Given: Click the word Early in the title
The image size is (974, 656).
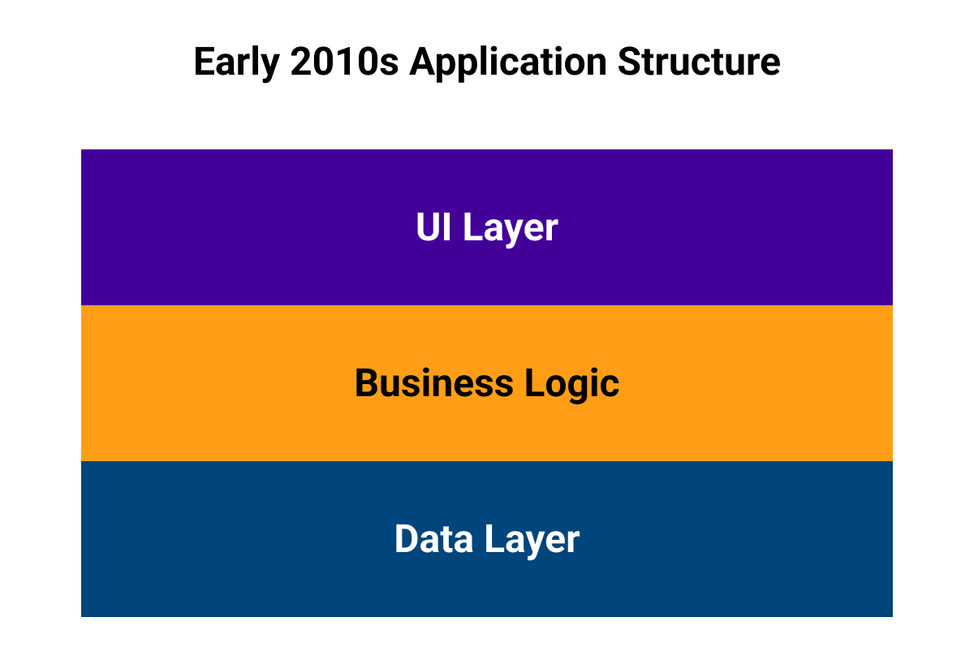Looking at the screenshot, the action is click(236, 63).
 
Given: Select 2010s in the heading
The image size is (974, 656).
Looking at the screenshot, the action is click(344, 62).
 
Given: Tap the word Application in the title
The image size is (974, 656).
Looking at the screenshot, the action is click(508, 63).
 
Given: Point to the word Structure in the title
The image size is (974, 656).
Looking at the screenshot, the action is click(699, 62).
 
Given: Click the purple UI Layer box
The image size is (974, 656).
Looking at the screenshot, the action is click(487, 227).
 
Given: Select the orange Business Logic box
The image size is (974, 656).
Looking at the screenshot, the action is click(487, 383).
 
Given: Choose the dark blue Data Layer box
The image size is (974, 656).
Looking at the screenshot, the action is click(487, 539).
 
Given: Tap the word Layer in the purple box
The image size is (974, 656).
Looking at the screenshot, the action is click(511, 229).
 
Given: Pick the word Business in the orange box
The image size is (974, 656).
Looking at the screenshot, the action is click(434, 383).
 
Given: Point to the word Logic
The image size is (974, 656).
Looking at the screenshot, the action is click(571, 385).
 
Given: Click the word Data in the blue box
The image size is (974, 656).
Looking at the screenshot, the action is click(433, 538).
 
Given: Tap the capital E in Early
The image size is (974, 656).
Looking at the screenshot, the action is click(205, 62).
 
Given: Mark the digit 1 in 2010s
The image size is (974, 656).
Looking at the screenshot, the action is click(343, 62).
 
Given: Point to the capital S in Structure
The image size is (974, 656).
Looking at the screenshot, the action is click(630, 62).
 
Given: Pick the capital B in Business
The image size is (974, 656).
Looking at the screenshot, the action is click(368, 383).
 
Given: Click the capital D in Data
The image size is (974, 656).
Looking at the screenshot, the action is click(407, 538).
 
